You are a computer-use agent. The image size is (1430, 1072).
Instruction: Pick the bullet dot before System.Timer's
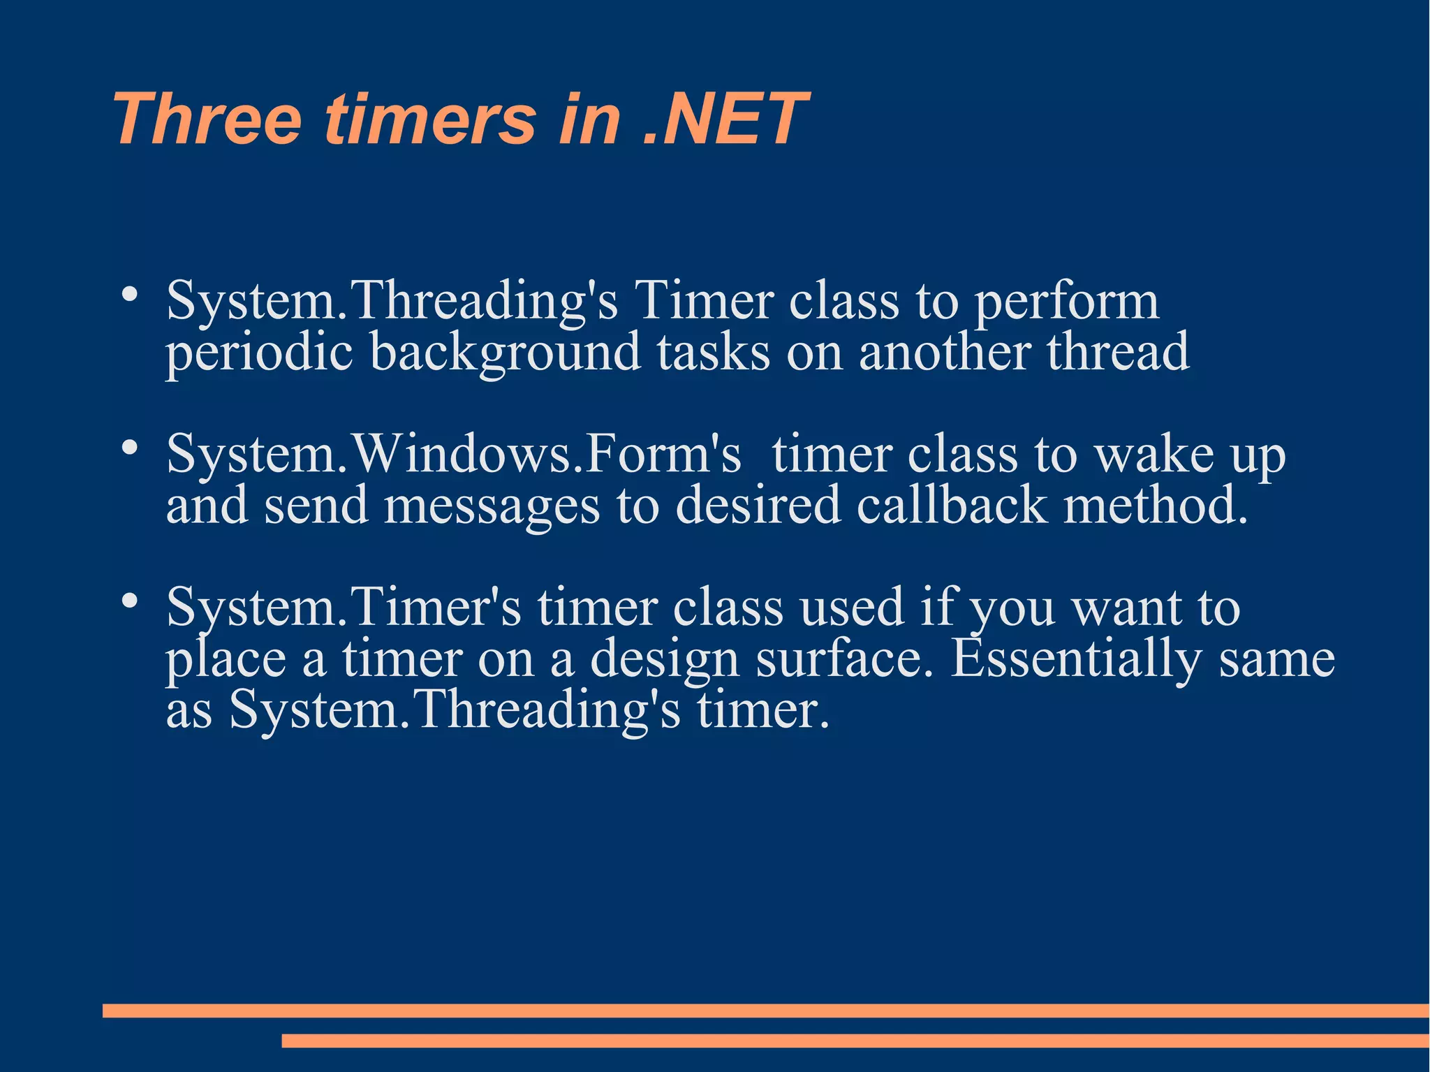(128, 601)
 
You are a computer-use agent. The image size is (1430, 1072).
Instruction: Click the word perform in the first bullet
(1066, 302)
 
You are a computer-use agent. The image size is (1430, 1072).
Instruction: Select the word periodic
(258, 353)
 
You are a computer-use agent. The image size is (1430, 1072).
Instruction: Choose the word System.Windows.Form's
(453, 454)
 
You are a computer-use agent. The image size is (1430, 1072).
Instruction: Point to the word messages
(492, 506)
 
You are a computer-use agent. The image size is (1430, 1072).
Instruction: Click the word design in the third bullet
(664, 660)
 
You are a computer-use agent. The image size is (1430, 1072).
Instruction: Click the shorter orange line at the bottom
(855, 1041)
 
